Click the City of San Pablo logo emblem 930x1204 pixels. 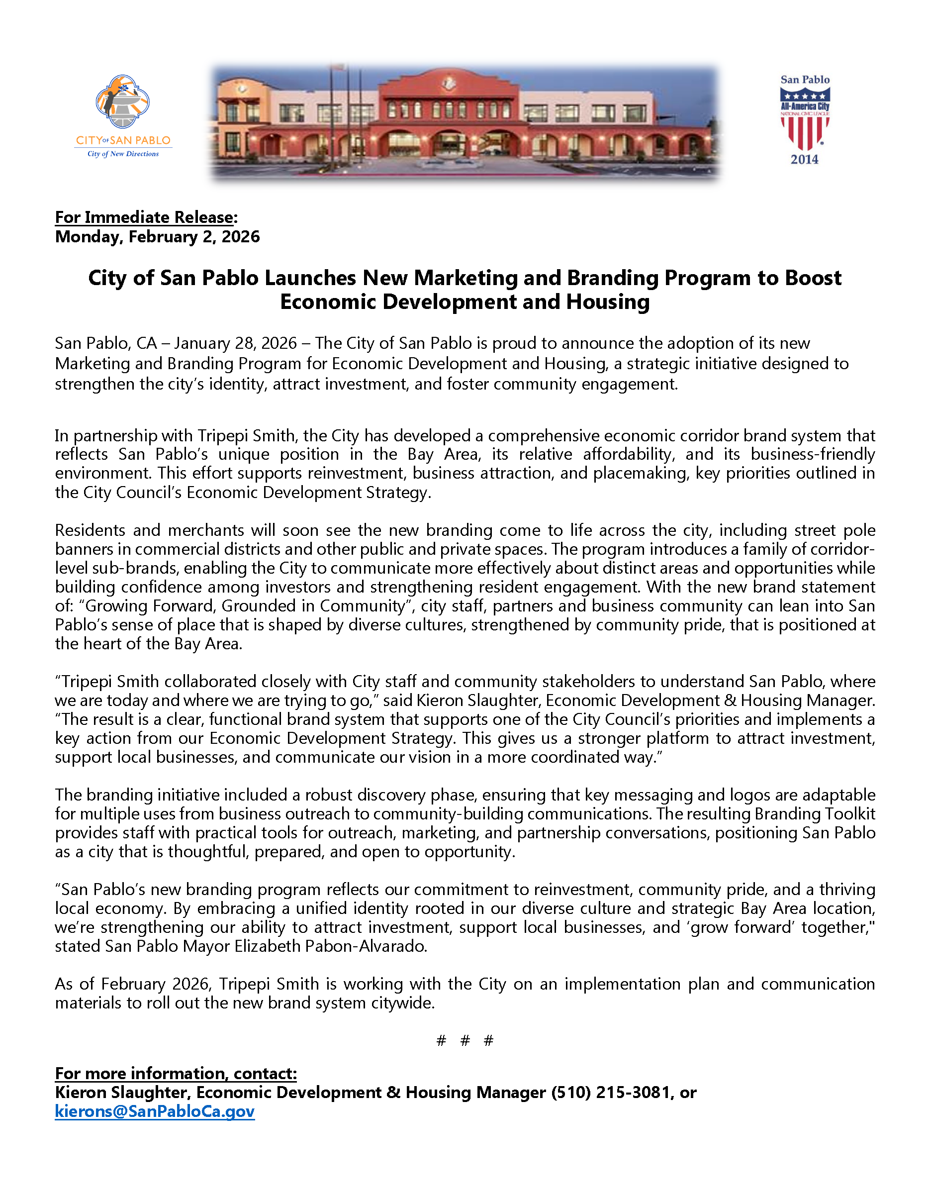(122, 102)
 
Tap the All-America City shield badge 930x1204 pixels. (804, 118)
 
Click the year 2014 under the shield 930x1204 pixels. (804, 160)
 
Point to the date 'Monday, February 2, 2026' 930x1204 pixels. (157, 237)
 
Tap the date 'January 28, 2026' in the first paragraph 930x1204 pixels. (235, 343)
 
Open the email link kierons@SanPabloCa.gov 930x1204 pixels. (154, 1111)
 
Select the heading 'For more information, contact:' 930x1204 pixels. (176, 1073)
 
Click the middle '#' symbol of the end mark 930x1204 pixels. (465, 1040)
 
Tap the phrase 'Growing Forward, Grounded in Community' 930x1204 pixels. (245, 606)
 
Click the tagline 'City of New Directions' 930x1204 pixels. (123, 154)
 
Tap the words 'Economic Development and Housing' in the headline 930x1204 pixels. (465, 302)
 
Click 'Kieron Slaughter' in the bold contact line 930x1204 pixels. (121, 1092)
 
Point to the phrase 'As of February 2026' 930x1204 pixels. (132, 984)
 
